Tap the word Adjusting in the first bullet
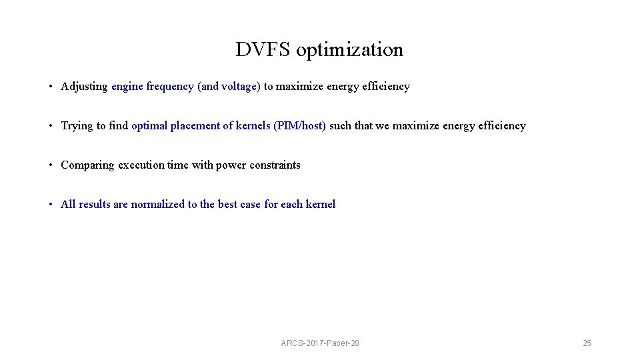tap(84, 86)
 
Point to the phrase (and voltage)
tap(229, 86)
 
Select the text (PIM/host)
tap(299, 125)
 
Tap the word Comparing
tap(87, 165)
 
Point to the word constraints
tap(275, 165)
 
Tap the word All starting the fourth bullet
tap(68, 204)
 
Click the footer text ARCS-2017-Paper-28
tap(320, 343)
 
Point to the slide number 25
tap(587, 343)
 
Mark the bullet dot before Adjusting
tap(51, 87)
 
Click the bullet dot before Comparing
tap(51, 165)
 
